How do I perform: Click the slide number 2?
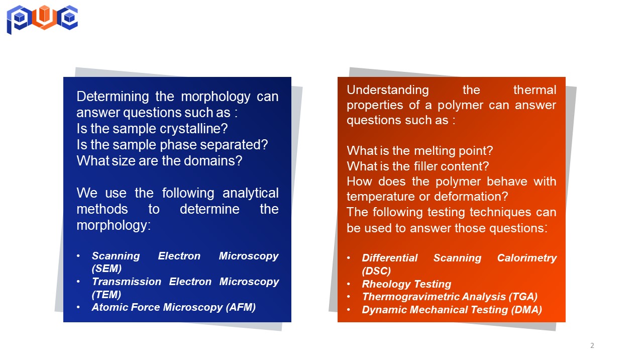click(x=592, y=345)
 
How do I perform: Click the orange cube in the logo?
click(x=44, y=14)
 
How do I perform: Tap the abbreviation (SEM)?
click(x=106, y=268)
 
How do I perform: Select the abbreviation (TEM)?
click(x=106, y=295)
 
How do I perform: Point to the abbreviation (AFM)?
click(x=241, y=307)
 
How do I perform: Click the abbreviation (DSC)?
click(x=376, y=270)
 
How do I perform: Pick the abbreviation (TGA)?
click(x=523, y=297)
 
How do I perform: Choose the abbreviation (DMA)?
click(x=526, y=310)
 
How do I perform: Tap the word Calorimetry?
click(x=527, y=258)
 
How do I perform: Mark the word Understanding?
click(x=388, y=90)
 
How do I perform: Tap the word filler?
click(x=425, y=166)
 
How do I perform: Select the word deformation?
click(x=471, y=197)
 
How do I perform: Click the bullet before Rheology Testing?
click(x=349, y=284)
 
